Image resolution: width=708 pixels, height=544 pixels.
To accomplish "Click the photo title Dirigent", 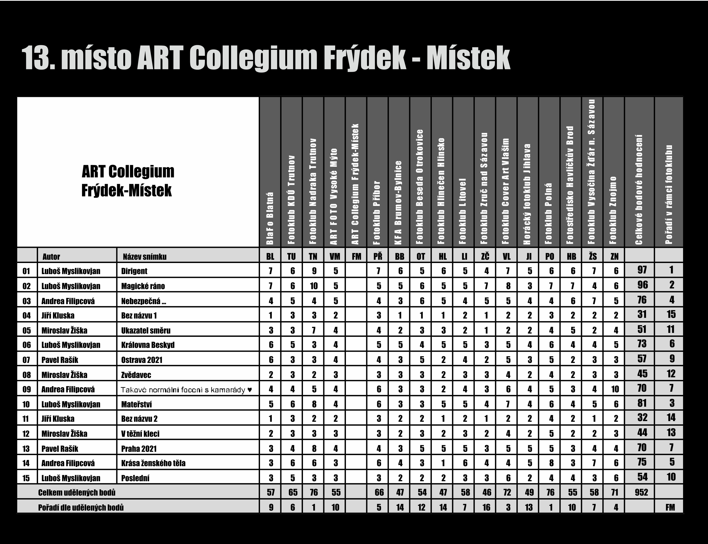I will click(134, 271).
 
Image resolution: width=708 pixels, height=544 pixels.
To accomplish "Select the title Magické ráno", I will click(143, 286).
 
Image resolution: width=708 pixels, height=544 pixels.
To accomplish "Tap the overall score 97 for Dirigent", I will click(642, 270).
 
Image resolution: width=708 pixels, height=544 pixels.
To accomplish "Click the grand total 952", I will click(641, 493).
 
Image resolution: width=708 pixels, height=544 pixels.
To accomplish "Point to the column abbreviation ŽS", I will click(593, 257).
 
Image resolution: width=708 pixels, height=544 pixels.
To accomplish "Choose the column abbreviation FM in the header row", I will click(356, 257).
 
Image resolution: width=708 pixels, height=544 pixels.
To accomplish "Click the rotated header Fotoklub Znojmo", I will click(613, 211).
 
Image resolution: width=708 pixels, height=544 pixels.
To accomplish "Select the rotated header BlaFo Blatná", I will click(270, 219).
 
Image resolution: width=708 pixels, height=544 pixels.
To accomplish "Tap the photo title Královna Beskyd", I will click(148, 345).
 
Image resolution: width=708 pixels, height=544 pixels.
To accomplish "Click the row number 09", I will click(26, 389).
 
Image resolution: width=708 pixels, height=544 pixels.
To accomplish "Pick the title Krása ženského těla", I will click(153, 463).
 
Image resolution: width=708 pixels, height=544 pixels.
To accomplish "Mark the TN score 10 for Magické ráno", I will click(313, 286).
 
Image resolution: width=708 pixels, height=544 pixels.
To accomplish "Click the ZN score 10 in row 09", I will click(615, 389).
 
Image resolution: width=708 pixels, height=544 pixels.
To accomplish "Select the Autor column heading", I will click(51, 257).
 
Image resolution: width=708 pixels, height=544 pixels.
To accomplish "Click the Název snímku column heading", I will click(145, 257).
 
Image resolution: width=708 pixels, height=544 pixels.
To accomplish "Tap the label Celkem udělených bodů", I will click(77, 493).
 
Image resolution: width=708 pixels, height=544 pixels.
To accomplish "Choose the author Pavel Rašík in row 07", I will click(60, 360).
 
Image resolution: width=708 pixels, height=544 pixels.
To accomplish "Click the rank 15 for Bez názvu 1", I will click(671, 314).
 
